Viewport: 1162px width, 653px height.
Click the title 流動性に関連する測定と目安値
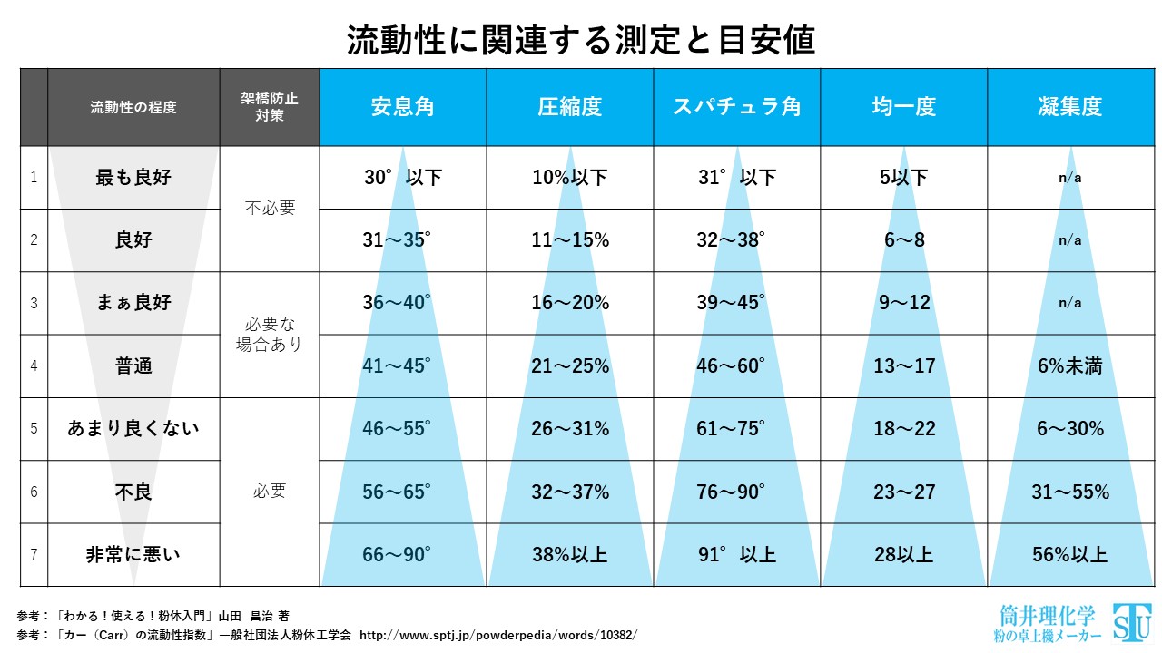[x=581, y=41]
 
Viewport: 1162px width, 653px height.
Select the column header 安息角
[x=402, y=106]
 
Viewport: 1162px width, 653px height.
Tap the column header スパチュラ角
[x=736, y=106]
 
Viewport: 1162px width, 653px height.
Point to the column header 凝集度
[x=1070, y=106]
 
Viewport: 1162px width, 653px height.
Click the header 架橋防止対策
[x=269, y=107]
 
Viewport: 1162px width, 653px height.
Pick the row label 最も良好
[x=133, y=178]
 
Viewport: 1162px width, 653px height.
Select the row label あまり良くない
[x=133, y=428]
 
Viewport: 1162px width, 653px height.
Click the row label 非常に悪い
[x=133, y=554]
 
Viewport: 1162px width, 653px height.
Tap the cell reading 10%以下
[x=570, y=178]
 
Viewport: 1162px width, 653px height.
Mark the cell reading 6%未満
[x=1070, y=366]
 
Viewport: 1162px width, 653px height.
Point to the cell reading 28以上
[x=903, y=554]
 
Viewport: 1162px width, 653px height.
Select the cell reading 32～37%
[x=570, y=492]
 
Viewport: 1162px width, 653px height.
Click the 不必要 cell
[x=270, y=209]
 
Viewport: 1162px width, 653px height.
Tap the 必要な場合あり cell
[x=270, y=335]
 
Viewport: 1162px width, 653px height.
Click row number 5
[x=34, y=428]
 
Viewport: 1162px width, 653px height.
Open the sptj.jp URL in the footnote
[x=499, y=634]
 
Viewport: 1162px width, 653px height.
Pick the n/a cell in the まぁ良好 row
[x=1070, y=303]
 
